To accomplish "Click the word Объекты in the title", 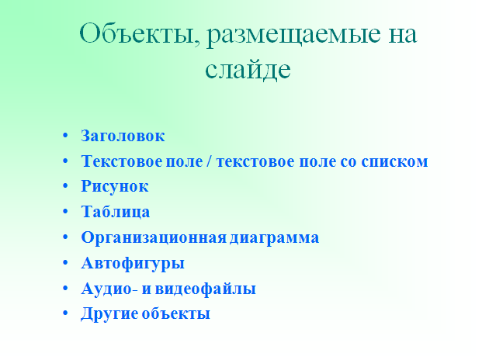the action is tap(140, 33).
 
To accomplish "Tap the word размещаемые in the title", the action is tap(293, 35).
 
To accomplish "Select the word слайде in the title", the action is tap(248, 68).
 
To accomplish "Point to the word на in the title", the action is tap(403, 34).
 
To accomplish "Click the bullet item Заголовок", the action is tap(123, 136).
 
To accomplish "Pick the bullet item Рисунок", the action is tap(115, 186).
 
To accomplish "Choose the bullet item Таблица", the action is tap(116, 212).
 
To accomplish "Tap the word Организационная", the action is tap(154, 237).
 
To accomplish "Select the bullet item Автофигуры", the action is tap(133, 263).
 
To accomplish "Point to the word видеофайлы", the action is tap(205, 289).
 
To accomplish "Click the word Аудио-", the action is tap(109, 289).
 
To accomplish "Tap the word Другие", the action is tap(109, 313).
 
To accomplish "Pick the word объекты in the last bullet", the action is tap(176, 313).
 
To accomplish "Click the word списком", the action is tap(394, 161).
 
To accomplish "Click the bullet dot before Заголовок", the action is tap(65, 135).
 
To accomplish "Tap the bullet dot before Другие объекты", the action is tap(65, 313).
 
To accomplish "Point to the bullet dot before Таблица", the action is tap(65, 211).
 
